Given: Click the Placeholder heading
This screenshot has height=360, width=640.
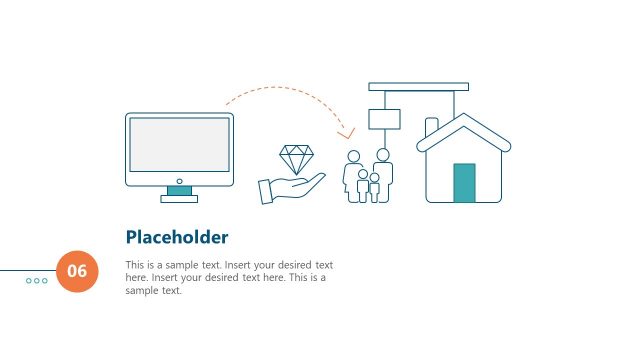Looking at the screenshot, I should coord(177,237).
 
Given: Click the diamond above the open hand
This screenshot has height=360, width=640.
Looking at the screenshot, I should coord(296,159).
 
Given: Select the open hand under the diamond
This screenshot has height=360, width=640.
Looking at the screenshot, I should coord(290,188).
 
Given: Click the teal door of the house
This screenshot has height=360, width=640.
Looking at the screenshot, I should coord(464,183).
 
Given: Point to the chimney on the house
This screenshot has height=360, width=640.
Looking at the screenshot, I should coord(431,128).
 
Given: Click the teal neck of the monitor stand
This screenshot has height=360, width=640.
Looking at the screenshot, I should coord(179,190).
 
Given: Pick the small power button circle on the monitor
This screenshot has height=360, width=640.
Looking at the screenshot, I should coord(179,181).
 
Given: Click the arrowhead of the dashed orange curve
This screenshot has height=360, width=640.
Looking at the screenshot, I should coord(346,133).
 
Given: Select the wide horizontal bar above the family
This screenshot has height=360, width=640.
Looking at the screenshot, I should coord(418,87).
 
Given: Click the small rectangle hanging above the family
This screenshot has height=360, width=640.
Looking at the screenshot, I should coord(384,119).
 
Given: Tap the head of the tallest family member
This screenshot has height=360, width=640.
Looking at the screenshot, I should coord(382,155).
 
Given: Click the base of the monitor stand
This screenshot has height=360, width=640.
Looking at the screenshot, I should coord(179,199).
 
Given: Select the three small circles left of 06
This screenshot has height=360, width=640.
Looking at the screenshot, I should coord(37,281).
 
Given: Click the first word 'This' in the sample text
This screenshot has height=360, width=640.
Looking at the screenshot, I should coord(136,265).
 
